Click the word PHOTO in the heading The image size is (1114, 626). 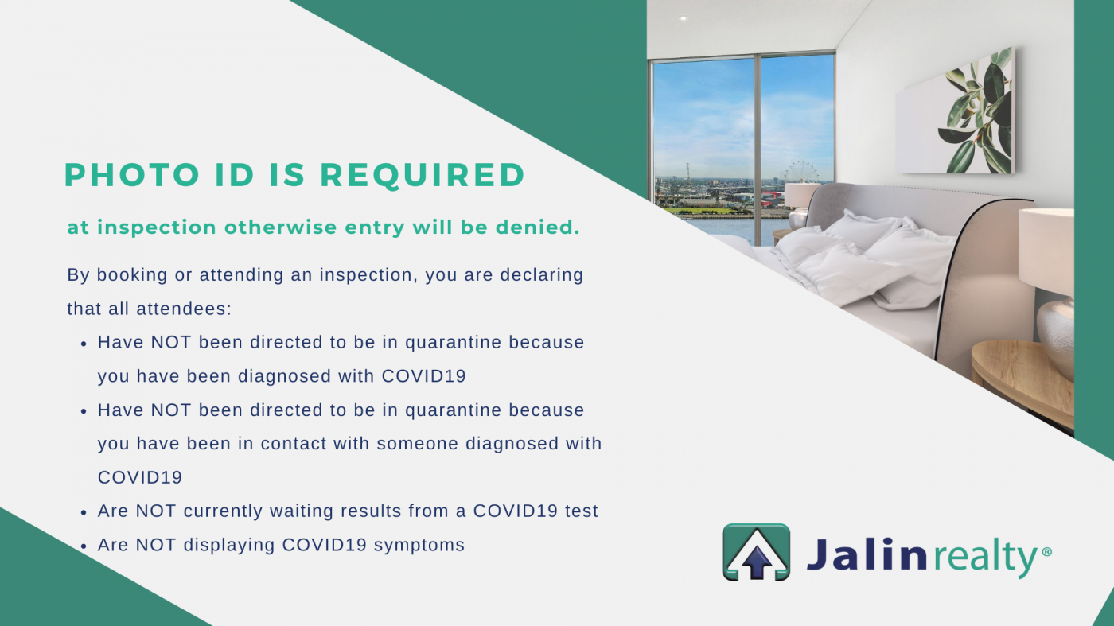tap(132, 175)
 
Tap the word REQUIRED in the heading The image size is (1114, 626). tap(423, 176)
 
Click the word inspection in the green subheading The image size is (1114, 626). tap(157, 227)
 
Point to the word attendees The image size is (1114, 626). tap(184, 309)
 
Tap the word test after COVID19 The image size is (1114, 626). tap(582, 511)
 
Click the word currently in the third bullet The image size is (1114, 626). tap(223, 511)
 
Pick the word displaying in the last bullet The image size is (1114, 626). tap(229, 546)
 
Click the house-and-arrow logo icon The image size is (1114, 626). tap(756, 552)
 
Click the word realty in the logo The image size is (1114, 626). tap(985, 556)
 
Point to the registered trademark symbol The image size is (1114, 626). tap(1046, 551)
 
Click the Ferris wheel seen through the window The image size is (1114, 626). tap(801, 172)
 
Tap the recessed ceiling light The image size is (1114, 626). tap(683, 18)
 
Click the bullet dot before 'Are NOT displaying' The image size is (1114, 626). tap(84, 546)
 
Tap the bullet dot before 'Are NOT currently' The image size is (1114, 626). tap(84, 512)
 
